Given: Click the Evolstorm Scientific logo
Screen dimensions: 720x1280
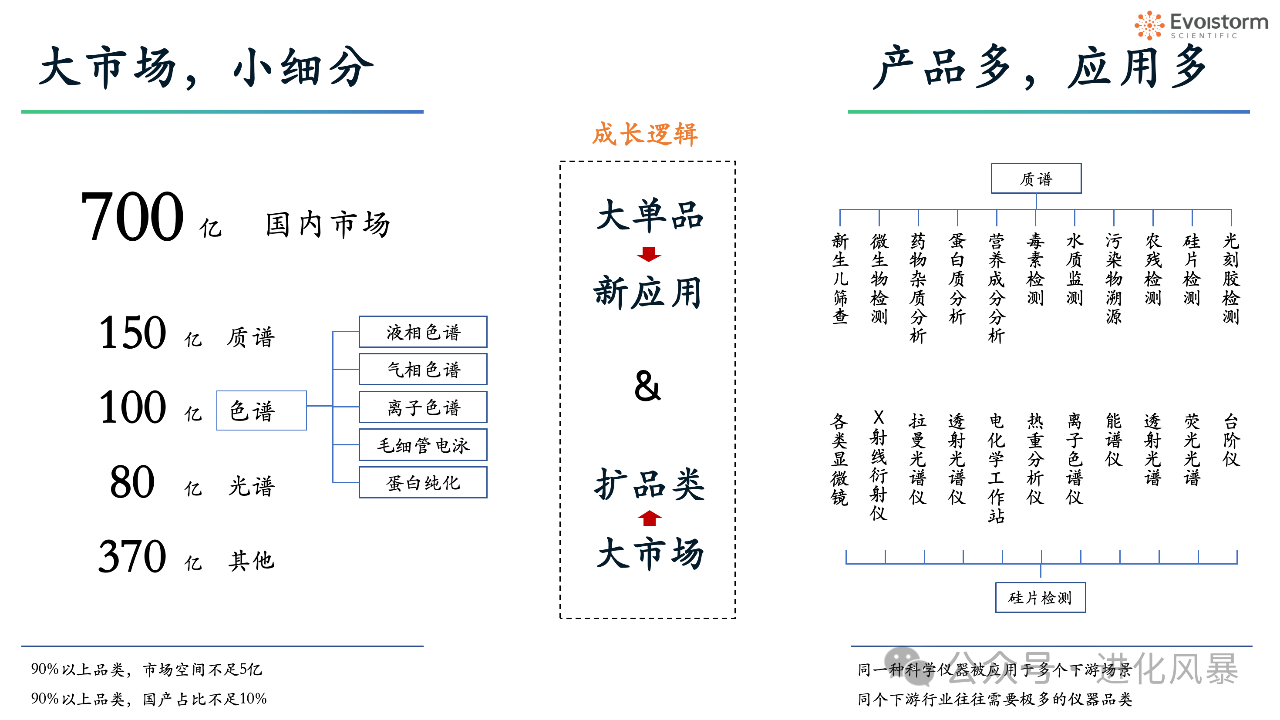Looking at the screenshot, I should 1200,25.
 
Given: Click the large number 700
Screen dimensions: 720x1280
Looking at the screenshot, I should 132,217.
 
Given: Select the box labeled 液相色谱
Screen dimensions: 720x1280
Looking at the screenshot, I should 423,332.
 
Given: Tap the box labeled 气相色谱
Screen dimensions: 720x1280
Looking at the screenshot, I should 423,369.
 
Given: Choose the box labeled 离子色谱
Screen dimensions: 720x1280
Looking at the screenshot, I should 423,407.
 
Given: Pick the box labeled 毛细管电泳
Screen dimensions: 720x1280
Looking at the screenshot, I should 423,445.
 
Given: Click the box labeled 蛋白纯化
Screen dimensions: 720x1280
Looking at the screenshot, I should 423,482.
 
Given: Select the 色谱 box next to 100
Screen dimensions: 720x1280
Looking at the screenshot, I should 261,410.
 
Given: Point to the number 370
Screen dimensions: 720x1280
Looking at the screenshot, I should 132,556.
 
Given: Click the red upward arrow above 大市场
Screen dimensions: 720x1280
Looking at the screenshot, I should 650,518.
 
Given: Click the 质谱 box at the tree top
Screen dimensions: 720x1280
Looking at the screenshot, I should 1036,178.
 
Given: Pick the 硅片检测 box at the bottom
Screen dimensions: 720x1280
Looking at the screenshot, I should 1041,597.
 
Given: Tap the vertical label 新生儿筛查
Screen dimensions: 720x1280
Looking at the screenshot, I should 840,279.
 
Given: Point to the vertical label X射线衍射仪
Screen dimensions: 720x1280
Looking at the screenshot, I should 879,465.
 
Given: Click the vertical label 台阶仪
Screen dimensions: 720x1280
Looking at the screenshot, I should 1231,440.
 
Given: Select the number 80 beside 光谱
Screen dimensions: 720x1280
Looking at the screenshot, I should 132,482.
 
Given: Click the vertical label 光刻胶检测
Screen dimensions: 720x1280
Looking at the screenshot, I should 1231,279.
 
